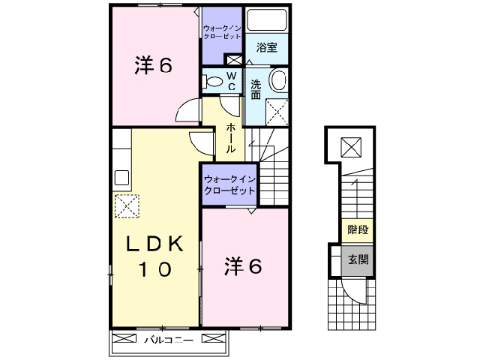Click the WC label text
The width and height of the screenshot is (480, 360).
tap(231, 81)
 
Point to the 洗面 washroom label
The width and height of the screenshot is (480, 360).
tap(256, 89)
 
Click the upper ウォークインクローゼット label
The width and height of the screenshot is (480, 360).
tap(222, 32)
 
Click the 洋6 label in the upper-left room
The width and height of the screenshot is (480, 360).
tap(153, 66)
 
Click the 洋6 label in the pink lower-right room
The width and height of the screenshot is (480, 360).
tap(244, 266)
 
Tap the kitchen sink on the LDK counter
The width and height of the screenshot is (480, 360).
tap(120, 179)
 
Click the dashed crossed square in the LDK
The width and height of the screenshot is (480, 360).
tap(127, 205)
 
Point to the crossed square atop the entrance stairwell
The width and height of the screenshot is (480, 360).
tap(350, 147)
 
